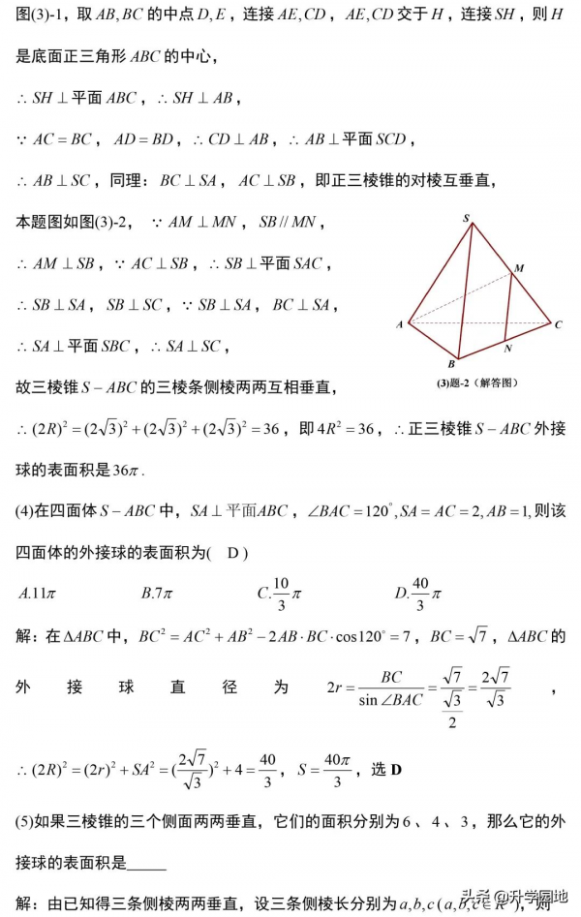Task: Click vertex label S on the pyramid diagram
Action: coord(467,219)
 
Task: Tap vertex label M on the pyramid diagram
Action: coord(519,267)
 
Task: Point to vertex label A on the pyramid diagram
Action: coord(399,324)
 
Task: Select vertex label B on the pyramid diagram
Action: coord(451,365)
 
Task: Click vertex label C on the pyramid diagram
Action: coord(559,324)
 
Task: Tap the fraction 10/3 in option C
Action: coord(280,593)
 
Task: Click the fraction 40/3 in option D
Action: coord(419,593)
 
